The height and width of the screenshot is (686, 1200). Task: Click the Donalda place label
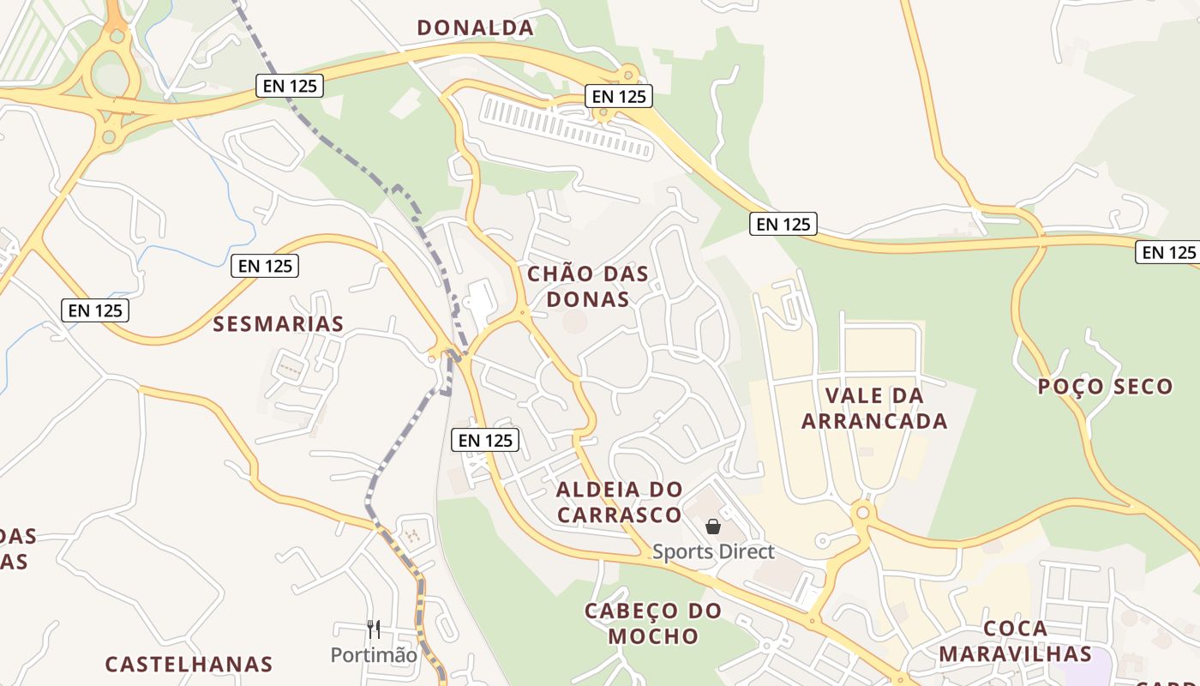[475, 27]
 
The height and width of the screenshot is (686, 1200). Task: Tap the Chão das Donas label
[587, 286]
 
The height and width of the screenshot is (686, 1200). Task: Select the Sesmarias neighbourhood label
[278, 324]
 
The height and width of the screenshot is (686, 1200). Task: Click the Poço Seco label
[1105, 387]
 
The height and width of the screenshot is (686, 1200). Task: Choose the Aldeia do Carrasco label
[619, 502]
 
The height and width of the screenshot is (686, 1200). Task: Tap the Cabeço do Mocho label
[653, 623]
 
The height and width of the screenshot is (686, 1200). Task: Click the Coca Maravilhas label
[1015, 641]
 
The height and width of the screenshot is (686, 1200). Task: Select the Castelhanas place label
[189, 665]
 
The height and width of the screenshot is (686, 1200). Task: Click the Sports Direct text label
[713, 552]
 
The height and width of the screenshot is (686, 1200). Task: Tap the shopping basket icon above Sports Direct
[713, 527]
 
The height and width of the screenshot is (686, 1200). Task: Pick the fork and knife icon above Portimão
[373, 629]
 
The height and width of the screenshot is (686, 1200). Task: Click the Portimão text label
[374, 655]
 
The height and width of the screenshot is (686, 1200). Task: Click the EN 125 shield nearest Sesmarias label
[265, 266]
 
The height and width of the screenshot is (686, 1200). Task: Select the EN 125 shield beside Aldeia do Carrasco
[485, 440]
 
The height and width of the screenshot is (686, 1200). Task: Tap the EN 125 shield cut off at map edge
[1168, 252]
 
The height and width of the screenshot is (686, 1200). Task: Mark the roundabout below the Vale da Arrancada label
[862, 514]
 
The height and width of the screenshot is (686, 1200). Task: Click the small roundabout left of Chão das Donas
[521, 314]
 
